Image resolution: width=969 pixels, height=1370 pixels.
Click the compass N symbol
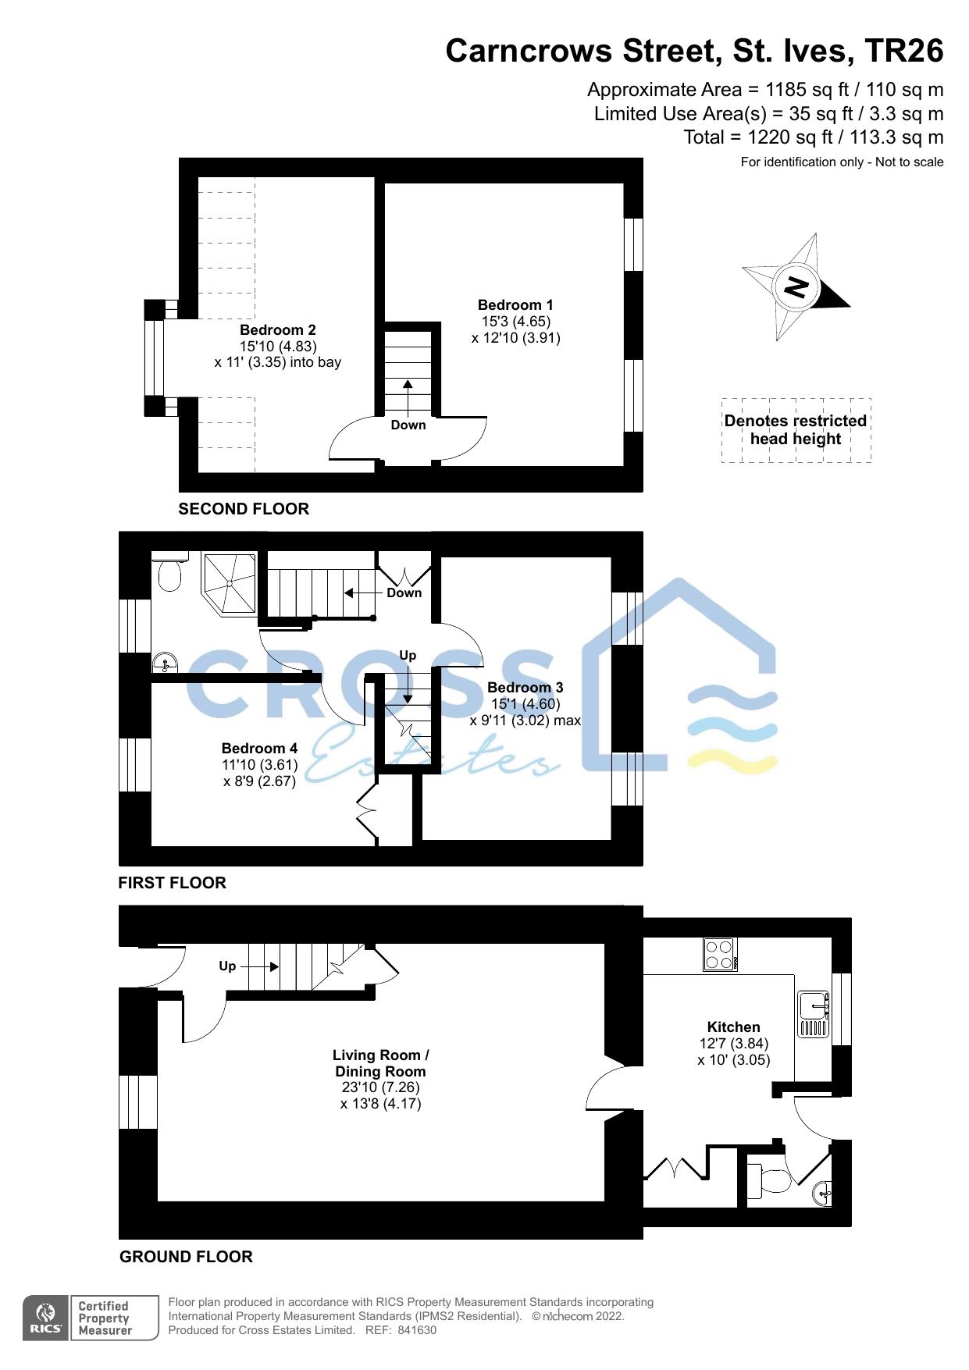(x=796, y=287)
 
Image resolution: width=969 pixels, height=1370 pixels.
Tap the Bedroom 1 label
(x=515, y=305)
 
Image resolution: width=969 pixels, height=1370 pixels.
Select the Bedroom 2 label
(x=277, y=330)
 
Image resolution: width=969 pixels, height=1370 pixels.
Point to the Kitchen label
(x=733, y=1027)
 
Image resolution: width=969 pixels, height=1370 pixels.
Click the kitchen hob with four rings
(x=720, y=954)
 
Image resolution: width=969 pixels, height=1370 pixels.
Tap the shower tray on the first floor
(x=230, y=583)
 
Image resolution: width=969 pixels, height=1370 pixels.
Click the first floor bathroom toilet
(x=169, y=574)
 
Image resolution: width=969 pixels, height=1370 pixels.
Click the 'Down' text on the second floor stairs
(x=408, y=425)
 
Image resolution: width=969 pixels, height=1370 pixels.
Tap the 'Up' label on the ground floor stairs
(x=227, y=966)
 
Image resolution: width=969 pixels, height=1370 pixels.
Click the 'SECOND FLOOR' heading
(x=244, y=509)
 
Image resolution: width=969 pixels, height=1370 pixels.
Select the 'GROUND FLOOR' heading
(x=186, y=1257)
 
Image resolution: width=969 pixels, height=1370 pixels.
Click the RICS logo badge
(x=45, y=1318)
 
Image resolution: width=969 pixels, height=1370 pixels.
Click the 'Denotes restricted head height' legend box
(x=796, y=430)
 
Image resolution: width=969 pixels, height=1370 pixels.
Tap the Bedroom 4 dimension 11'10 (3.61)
(x=259, y=765)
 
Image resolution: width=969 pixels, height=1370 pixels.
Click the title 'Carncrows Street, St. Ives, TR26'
(x=694, y=52)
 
